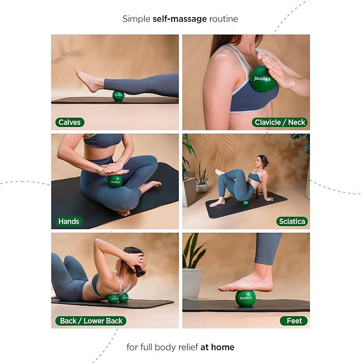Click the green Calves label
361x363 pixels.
pyautogui.click(x=70, y=122)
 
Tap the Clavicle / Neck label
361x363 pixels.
pyautogui.click(x=280, y=122)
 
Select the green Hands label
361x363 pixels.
pyautogui.click(x=69, y=221)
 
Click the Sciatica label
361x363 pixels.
pyautogui.click(x=292, y=221)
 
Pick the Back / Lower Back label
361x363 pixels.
pyautogui.click(x=90, y=320)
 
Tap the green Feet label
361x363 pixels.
pyautogui.click(x=294, y=320)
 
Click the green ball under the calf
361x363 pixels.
pyautogui.click(x=118, y=96)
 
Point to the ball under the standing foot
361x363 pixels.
pyautogui.click(x=245, y=298)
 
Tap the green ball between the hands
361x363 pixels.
pyautogui.click(x=115, y=181)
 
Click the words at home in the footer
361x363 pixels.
pyautogui.click(x=217, y=347)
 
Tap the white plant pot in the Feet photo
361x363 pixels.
pyautogui.click(x=192, y=283)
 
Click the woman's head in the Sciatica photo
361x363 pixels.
pyautogui.click(x=261, y=161)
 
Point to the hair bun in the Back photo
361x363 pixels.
pyautogui.click(x=140, y=272)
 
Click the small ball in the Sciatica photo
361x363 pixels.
pyautogui.click(x=246, y=202)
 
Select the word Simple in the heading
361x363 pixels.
pyautogui.click(x=137, y=19)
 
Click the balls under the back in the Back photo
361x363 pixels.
pyautogui.click(x=117, y=298)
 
